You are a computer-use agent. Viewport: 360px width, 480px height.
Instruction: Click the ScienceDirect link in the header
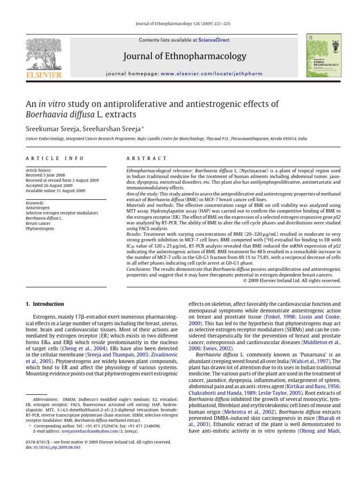tap(214, 40)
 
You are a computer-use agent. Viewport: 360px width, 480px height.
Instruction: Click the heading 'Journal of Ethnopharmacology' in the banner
tap(184, 57)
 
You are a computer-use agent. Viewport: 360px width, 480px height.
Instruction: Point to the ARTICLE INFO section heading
tap(45, 159)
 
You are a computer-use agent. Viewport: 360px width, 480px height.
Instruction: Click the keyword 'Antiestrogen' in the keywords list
tap(37, 208)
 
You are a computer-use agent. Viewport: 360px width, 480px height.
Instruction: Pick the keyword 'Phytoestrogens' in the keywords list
tap(40, 228)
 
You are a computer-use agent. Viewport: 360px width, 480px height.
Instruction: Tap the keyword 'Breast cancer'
tap(38, 223)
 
